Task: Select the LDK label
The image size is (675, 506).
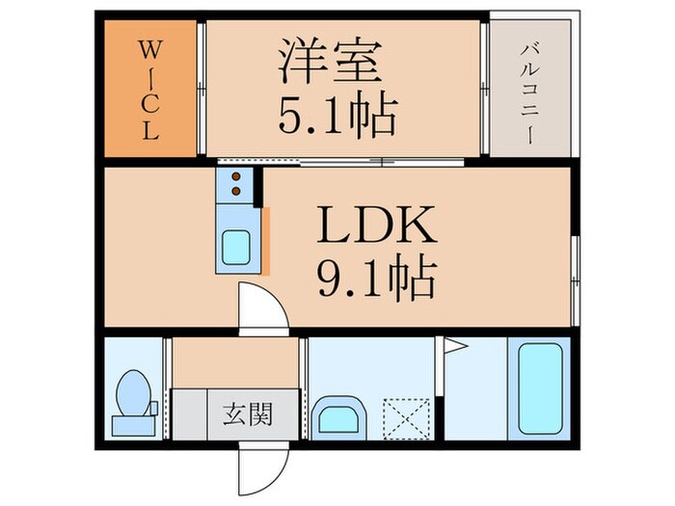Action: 378,227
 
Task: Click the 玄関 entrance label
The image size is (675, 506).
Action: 248,415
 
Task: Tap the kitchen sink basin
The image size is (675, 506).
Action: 236,249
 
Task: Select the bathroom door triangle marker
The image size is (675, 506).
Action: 455,344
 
